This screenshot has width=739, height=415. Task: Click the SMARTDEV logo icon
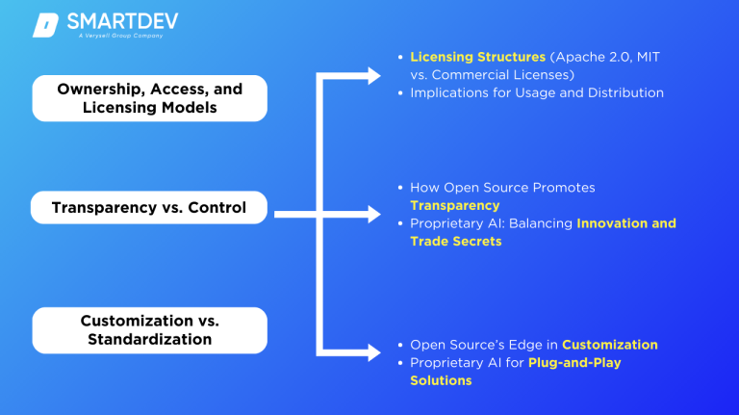pos(45,25)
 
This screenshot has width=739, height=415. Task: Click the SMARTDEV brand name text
pos(122,21)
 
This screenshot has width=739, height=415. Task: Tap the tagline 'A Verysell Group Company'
pos(120,37)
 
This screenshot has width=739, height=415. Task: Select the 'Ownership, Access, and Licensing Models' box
pos(149,98)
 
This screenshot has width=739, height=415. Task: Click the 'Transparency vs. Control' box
pos(149,207)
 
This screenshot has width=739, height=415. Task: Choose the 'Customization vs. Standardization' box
pos(149,329)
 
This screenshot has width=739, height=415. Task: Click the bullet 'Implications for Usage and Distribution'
pos(537,92)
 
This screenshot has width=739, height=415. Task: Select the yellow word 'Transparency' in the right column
pos(454,205)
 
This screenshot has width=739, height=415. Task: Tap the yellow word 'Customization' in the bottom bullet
pos(610,345)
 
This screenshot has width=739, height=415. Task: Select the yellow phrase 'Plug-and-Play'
pos(574,363)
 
